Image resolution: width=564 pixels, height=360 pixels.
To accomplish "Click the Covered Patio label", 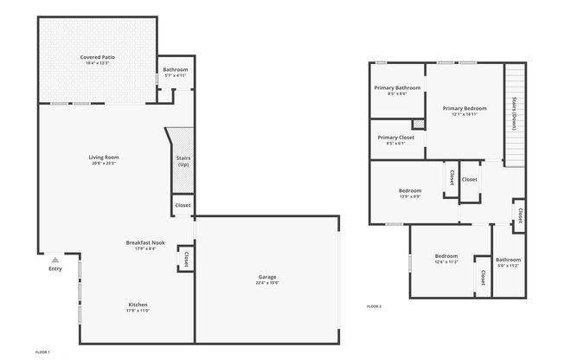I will point(98,57).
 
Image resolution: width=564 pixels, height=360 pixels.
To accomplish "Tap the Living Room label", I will point(102,157).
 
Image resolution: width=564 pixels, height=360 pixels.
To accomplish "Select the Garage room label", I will point(266,277).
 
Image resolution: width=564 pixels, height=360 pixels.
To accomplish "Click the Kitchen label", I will point(138,305).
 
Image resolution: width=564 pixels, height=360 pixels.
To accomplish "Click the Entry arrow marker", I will point(55,260).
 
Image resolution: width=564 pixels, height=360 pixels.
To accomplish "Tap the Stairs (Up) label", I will point(183,161).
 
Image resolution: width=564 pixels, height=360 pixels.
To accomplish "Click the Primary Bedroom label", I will point(465,108).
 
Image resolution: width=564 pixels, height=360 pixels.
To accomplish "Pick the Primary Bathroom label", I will point(397,87).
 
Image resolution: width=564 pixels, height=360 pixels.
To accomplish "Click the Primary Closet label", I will point(395,138).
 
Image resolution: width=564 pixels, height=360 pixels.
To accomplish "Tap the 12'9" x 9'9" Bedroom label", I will point(410,190).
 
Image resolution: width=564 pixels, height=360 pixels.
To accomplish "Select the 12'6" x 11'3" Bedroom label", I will point(445,256).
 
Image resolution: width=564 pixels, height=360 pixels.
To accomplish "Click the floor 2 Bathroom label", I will point(508,260).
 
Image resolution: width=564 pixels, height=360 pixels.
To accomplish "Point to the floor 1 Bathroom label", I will point(176,69).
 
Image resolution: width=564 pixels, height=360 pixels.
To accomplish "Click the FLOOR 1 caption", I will point(42,353).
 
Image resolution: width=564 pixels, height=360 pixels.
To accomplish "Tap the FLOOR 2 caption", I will point(374,306).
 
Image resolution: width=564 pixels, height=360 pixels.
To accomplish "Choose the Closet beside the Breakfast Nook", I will point(186,258).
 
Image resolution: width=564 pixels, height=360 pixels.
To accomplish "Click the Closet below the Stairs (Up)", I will point(183,205).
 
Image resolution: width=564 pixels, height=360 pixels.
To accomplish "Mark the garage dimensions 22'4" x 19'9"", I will point(266,282).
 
